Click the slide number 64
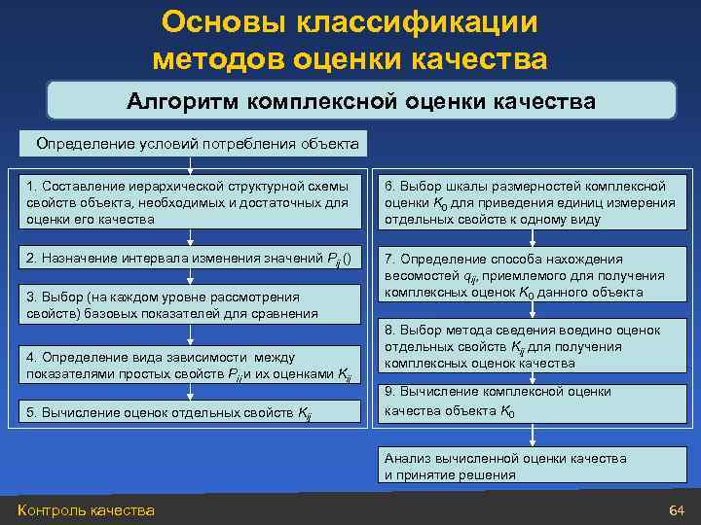click(x=677, y=510)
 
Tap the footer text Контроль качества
click(x=86, y=510)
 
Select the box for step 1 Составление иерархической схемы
click(x=191, y=202)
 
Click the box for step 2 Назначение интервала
click(x=191, y=258)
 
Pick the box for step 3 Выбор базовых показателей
click(x=191, y=304)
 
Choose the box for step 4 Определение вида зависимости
click(x=191, y=365)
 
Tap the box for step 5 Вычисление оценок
click(x=191, y=412)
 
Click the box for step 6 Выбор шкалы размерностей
click(x=530, y=202)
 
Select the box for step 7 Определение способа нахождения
click(x=530, y=275)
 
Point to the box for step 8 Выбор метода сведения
click(x=530, y=346)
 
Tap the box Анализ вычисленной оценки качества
click(x=530, y=467)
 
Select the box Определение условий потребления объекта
click(x=196, y=145)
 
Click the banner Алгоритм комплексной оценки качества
click(x=361, y=100)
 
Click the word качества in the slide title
click(x=482, y=58)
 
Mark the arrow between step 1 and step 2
click(x=191, y=235)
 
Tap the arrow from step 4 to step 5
click(x=191, y=392)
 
